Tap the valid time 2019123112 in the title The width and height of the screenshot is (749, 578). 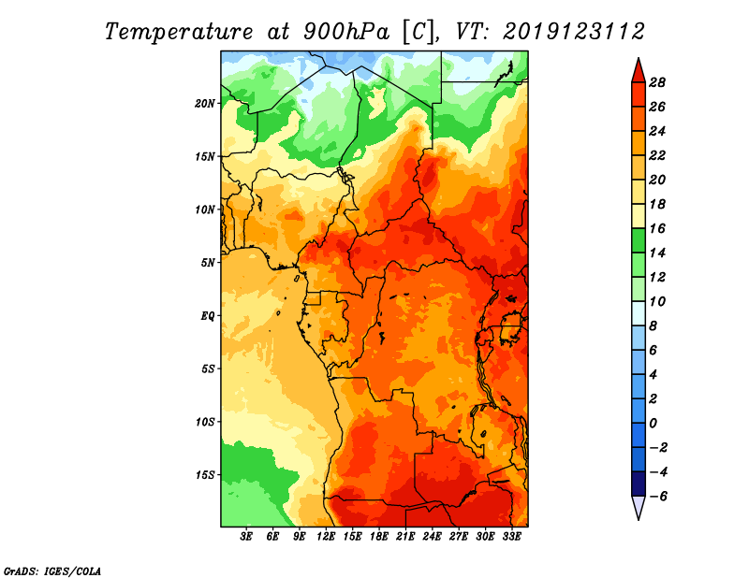(x=573, y=31)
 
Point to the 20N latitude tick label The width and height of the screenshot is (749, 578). (x=205, y=103)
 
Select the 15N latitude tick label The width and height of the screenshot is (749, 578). (x=205, y=156)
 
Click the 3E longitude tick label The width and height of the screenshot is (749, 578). (x=247, y=537)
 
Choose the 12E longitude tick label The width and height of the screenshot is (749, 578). (x=326, y=537)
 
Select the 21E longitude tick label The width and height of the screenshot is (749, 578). (x=405, y=537)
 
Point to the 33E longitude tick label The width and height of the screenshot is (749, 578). (x=511, y=537)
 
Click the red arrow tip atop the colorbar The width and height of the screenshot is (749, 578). (x=637, y=67)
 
